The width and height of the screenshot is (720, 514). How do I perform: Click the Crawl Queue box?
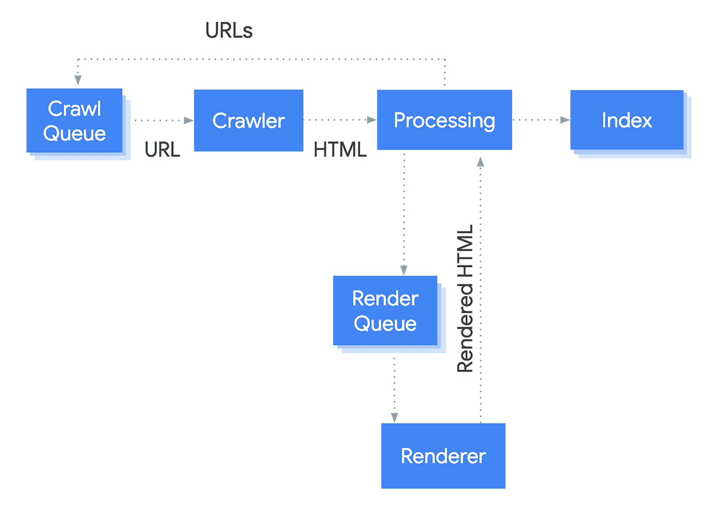tap(74, 120)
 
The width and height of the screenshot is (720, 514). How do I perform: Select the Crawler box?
tap(248, 120)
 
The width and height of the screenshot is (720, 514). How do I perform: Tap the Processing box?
tap(444, 120)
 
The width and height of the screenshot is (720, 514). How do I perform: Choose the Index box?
tap(627, 120)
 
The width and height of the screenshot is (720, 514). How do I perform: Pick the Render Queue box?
tap(385, 310)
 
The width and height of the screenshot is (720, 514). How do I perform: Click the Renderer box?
tap(443, 456)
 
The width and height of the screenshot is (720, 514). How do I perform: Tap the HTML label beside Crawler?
tap(340, 150)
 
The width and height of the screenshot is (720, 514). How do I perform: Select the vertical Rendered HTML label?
tap(465, 298)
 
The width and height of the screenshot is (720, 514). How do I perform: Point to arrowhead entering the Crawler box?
tap(189, 120)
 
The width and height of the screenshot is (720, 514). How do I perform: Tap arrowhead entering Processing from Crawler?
tap(372, 120)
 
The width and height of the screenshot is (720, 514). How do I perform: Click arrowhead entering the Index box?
tap(565, 120)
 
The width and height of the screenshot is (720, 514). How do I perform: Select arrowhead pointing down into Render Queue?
tap(404, 270)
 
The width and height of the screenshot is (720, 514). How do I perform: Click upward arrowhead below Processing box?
tap(480, 162)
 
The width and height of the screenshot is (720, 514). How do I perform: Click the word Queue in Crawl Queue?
tap(74, 133)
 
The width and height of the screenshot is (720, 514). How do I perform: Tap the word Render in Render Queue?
tap(385, 298)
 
